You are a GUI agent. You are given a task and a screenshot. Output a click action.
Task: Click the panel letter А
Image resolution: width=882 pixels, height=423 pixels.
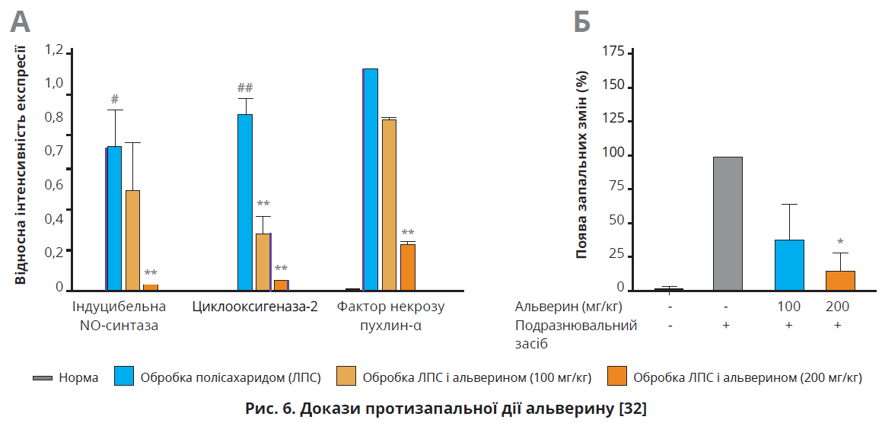tap(21, 22)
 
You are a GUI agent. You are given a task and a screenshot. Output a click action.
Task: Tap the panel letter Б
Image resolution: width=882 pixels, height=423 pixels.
tap(581, 22)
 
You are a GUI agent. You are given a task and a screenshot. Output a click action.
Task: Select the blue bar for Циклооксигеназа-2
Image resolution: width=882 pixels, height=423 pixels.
tap(245, 202)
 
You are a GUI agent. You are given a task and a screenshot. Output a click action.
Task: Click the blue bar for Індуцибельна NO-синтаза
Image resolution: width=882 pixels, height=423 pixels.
tap(113, 218)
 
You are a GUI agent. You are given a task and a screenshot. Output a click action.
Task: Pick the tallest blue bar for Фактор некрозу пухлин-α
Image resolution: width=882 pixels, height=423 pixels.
tap(371, 179)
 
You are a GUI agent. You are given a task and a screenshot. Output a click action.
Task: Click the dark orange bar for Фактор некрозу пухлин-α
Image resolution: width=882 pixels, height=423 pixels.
tap(408, 267)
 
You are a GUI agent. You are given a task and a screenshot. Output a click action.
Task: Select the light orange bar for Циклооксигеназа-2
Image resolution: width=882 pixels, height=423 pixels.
tap(263, 261)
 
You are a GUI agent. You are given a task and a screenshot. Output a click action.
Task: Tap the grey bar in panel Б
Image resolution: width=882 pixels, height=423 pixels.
tap(728, 223)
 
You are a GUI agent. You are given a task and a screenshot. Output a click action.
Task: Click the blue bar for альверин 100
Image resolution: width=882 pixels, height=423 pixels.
tap(789, 265)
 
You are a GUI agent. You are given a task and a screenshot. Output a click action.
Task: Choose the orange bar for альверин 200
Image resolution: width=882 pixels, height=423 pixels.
tap(840, 280)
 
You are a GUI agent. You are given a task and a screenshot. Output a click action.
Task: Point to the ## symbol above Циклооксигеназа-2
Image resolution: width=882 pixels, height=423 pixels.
tap(245, 87)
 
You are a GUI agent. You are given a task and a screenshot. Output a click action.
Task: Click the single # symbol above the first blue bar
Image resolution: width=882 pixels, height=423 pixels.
tap(114, 99)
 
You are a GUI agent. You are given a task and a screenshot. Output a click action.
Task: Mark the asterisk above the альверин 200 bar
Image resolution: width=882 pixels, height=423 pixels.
tap(840, 242)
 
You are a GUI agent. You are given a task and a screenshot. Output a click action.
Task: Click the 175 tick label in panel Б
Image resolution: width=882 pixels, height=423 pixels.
tap(613, 52)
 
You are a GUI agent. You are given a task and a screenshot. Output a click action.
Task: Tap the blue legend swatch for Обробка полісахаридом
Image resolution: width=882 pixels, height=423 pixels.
tap(124, 377)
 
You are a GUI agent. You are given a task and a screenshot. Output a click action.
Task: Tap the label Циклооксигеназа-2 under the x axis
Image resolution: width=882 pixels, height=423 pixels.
tap(254, 307)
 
